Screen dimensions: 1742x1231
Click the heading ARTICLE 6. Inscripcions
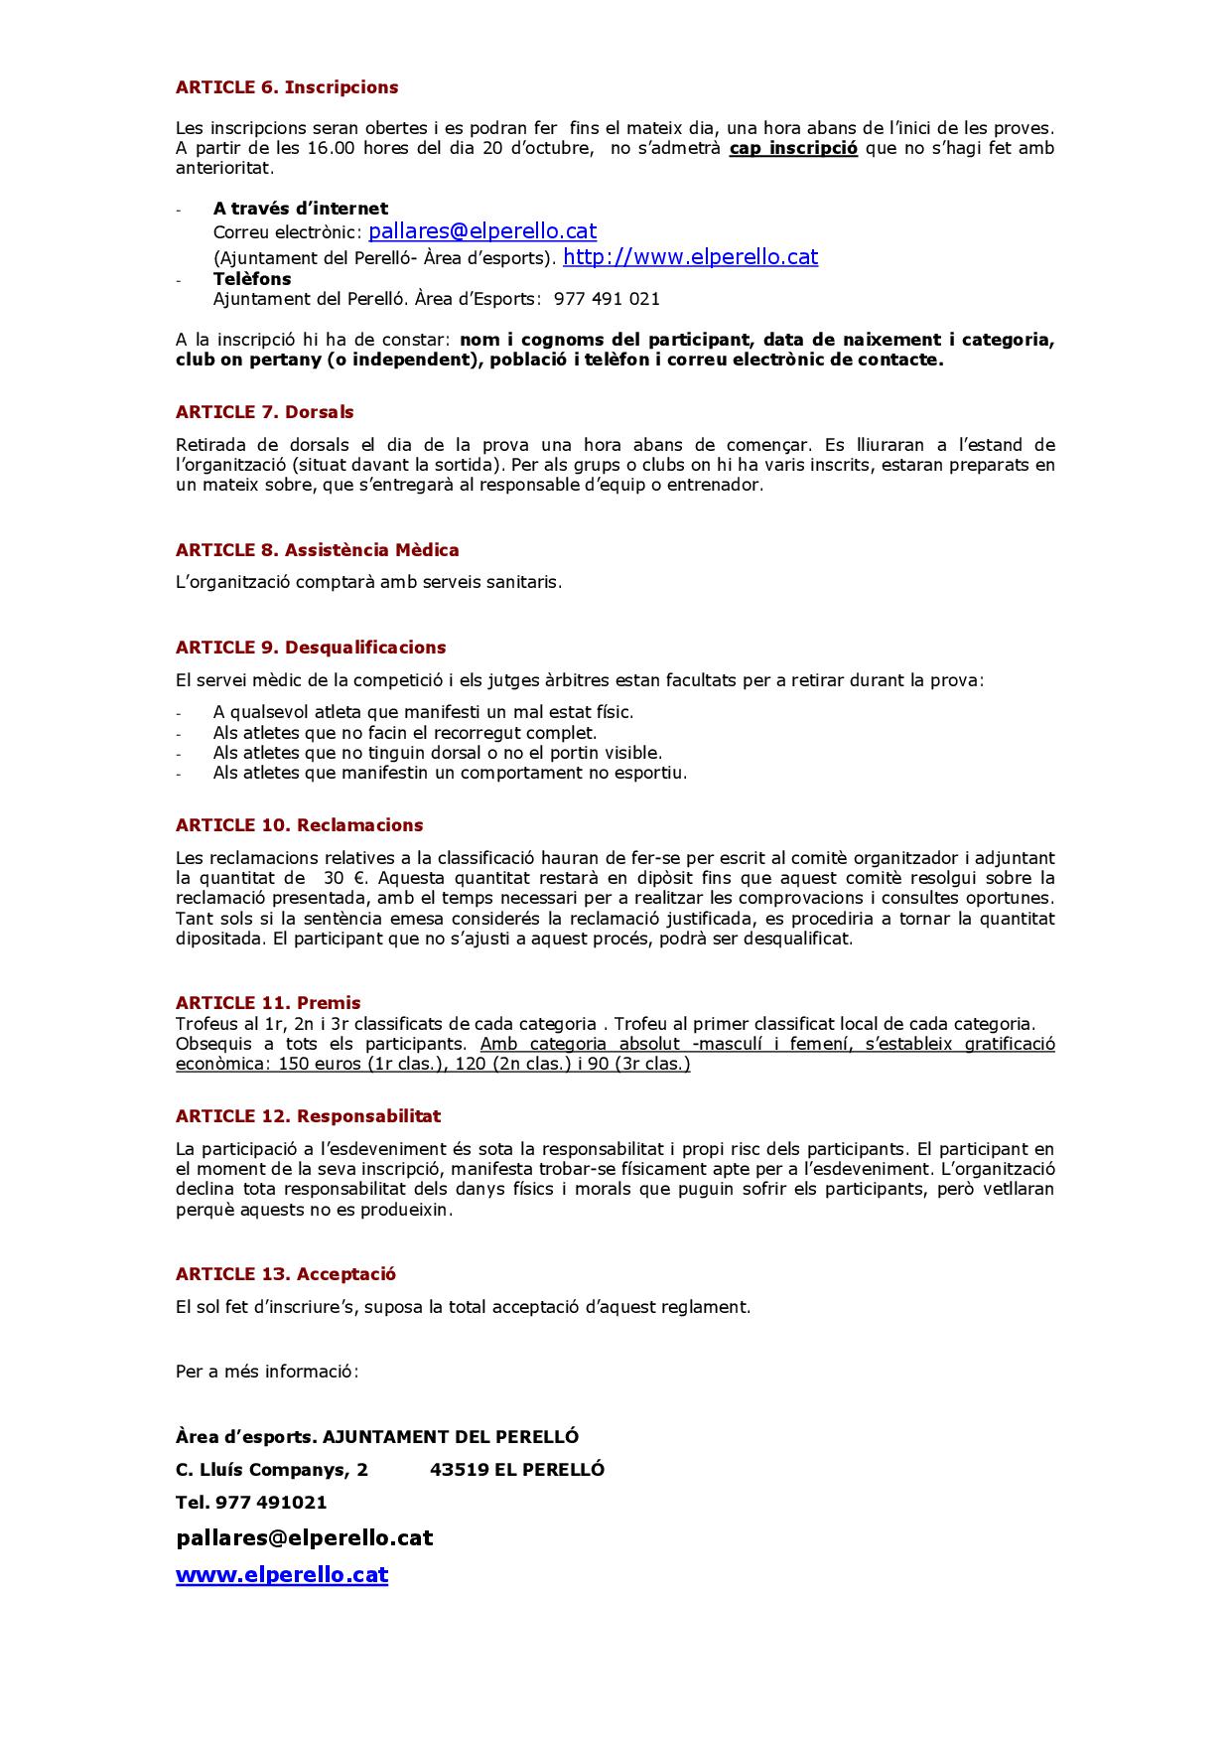coord(287,87)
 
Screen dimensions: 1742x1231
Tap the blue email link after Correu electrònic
coord(482,231)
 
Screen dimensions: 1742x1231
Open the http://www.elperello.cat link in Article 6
coord(690,257)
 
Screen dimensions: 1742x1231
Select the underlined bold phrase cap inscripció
coord(793,149)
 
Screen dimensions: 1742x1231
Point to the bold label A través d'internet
coord(301,209)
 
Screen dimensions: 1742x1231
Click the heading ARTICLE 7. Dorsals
coord(265,412)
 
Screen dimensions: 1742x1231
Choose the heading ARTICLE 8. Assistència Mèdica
coord(318,550)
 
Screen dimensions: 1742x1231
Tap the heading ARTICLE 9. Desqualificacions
coord(311,648)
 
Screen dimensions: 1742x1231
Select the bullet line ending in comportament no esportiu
coord(450,773)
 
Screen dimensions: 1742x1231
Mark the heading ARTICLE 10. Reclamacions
coord(300,825)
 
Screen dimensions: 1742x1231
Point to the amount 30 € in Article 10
coord(344,878)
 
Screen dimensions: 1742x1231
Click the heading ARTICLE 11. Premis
coord(268,1003)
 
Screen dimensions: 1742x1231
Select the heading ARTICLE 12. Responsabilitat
coord(309,1116)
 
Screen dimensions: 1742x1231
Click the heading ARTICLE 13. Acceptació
coord(286,1274)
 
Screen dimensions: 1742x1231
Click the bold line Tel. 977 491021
coord(251,1503)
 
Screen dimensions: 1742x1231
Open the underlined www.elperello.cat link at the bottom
coord(282,1575)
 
